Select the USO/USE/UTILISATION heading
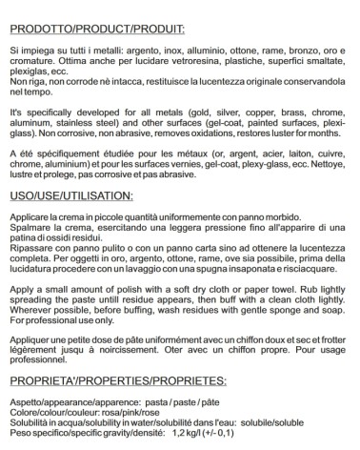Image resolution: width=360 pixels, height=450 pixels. (x=77, y=196)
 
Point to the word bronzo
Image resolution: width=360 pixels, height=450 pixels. (x=301, y=46)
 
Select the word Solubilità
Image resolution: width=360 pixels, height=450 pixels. (x=30, y=422)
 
